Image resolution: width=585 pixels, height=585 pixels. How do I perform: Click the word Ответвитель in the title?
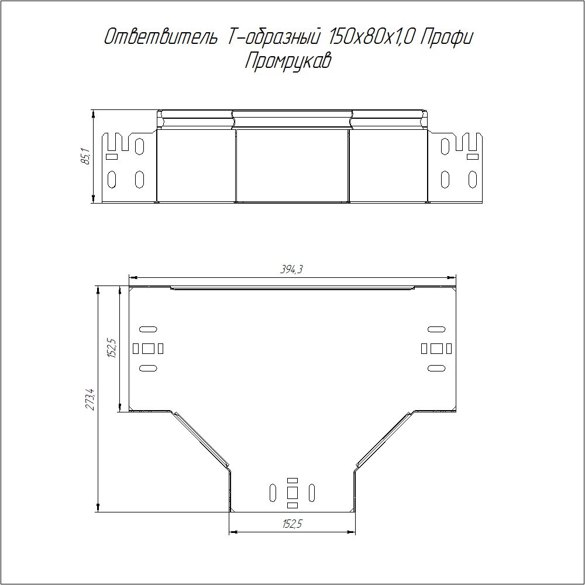160,37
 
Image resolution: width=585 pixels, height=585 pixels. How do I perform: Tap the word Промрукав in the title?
288,61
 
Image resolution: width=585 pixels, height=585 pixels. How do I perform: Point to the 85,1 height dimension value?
85,156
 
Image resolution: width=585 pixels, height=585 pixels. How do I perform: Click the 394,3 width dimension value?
291,269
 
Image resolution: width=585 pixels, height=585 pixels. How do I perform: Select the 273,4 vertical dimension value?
91,400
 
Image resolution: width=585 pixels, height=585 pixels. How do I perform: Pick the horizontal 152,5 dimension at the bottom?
292,524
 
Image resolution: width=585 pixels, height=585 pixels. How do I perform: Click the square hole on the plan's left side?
148,349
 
